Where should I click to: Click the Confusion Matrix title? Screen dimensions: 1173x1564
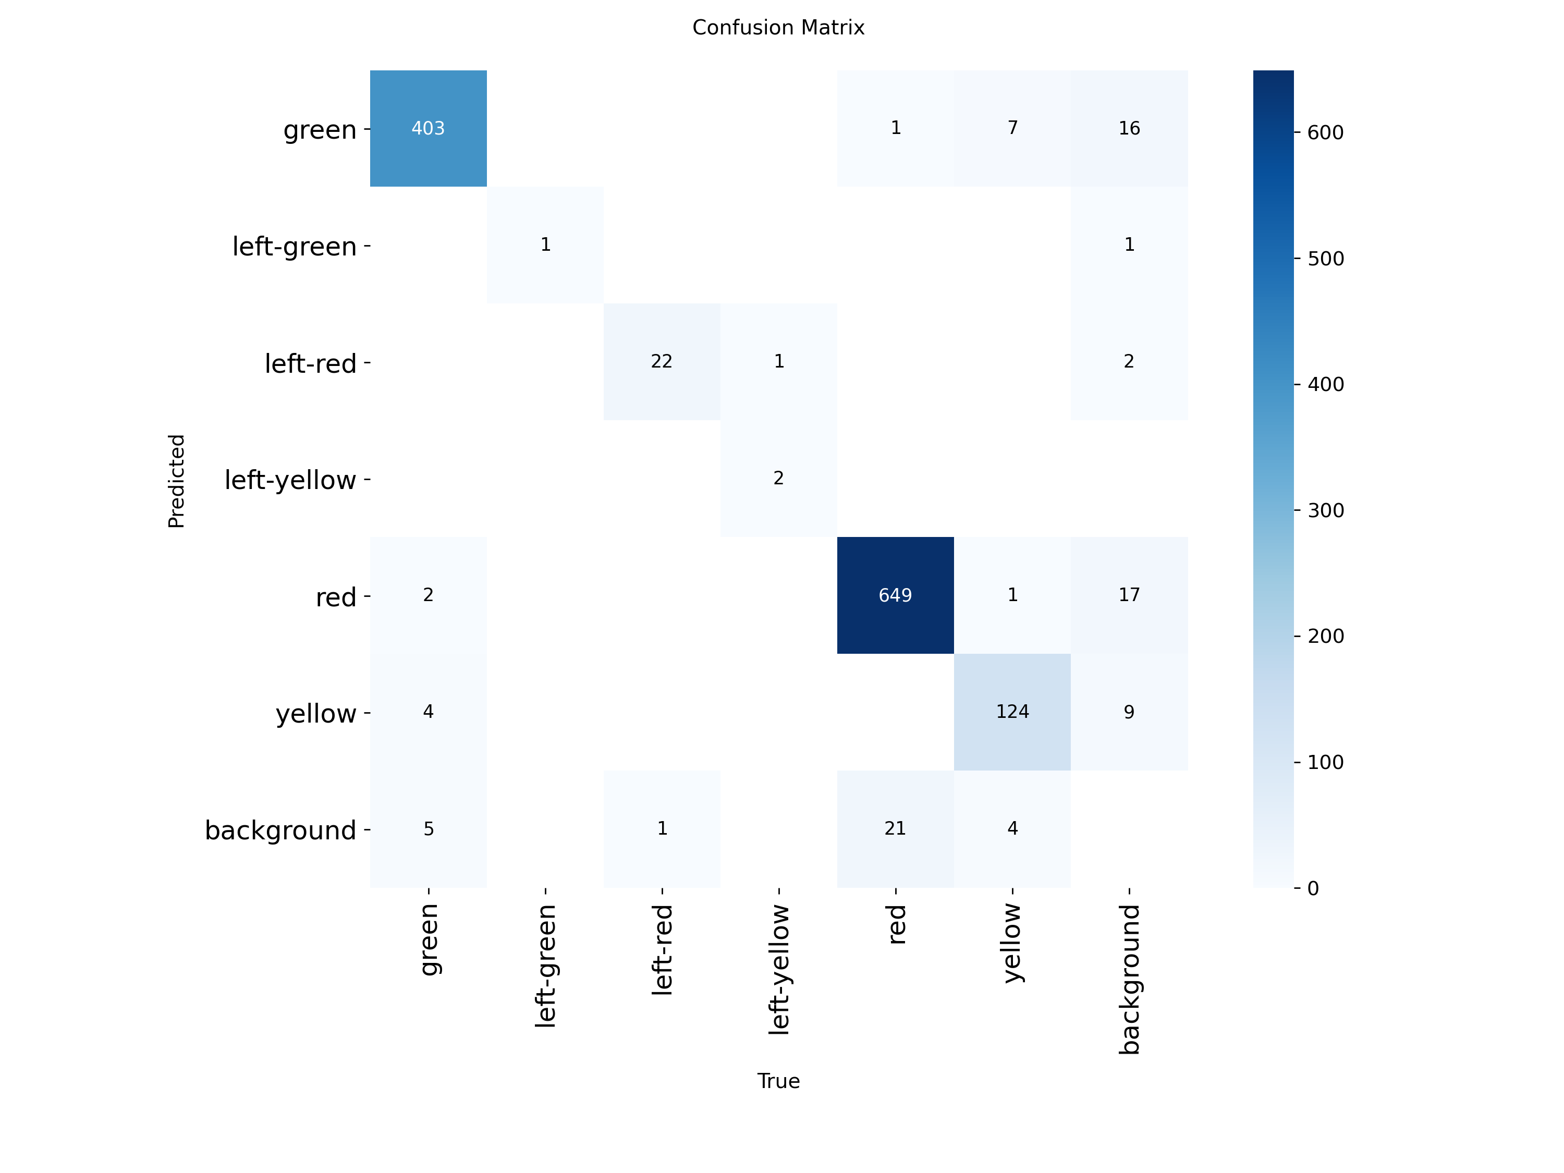pos(778,28)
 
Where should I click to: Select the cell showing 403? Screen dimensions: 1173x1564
pos(428,128)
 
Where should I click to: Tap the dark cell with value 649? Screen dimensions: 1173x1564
pos(895,595)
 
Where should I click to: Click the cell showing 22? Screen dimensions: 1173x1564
pos(661,361)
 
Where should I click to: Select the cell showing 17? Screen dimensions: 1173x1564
pos(1129,595)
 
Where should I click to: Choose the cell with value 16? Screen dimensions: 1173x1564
pos(1129,128)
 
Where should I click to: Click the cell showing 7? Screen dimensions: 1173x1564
pos(1012,128)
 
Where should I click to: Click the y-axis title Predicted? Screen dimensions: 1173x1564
pos(176,481)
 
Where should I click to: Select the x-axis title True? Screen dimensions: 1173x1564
pos(778,1081)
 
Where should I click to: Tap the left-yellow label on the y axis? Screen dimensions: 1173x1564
pos(290,480)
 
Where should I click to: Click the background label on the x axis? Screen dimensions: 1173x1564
pos(1129,979)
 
